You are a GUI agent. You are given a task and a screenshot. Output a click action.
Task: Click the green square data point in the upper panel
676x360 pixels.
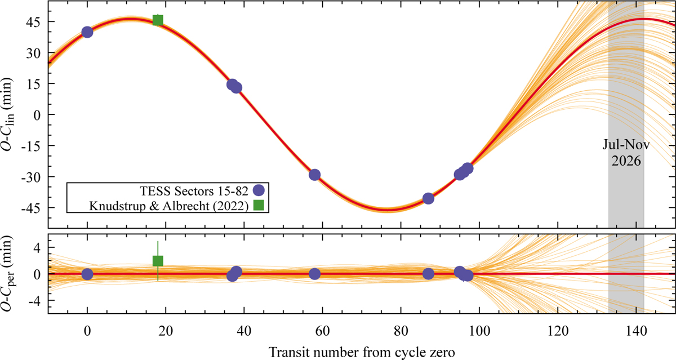point(158,20)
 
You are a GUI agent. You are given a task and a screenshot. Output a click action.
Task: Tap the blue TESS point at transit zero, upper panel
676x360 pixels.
point(87,32)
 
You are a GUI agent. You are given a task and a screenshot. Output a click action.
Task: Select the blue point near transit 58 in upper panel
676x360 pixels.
point(315,175)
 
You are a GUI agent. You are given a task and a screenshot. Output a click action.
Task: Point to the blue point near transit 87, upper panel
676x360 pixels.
point(428,198)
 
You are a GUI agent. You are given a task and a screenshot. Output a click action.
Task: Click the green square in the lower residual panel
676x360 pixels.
point(158,261)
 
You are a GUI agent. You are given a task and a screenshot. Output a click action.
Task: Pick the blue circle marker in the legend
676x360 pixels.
point(259,190)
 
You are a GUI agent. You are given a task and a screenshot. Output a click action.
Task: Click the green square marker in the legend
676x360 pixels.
point(259,206)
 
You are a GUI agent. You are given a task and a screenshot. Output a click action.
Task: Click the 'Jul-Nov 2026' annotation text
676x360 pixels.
point(626,153)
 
